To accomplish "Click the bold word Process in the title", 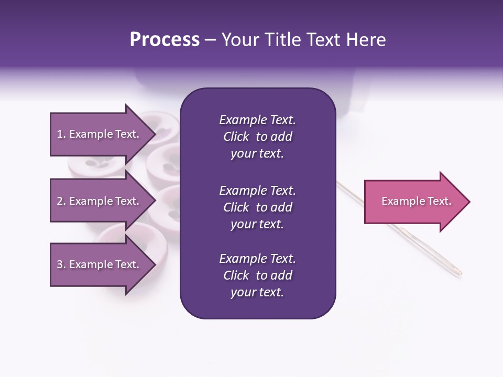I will point(165,40).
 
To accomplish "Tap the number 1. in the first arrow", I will point(61,134).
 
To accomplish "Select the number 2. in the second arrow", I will point(61,201).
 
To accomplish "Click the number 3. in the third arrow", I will point(61,264).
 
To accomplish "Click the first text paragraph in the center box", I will point(257,137).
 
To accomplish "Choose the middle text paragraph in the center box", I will point(257,207).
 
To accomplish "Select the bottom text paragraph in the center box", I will point(257,275).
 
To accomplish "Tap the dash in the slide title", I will point(211,40).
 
